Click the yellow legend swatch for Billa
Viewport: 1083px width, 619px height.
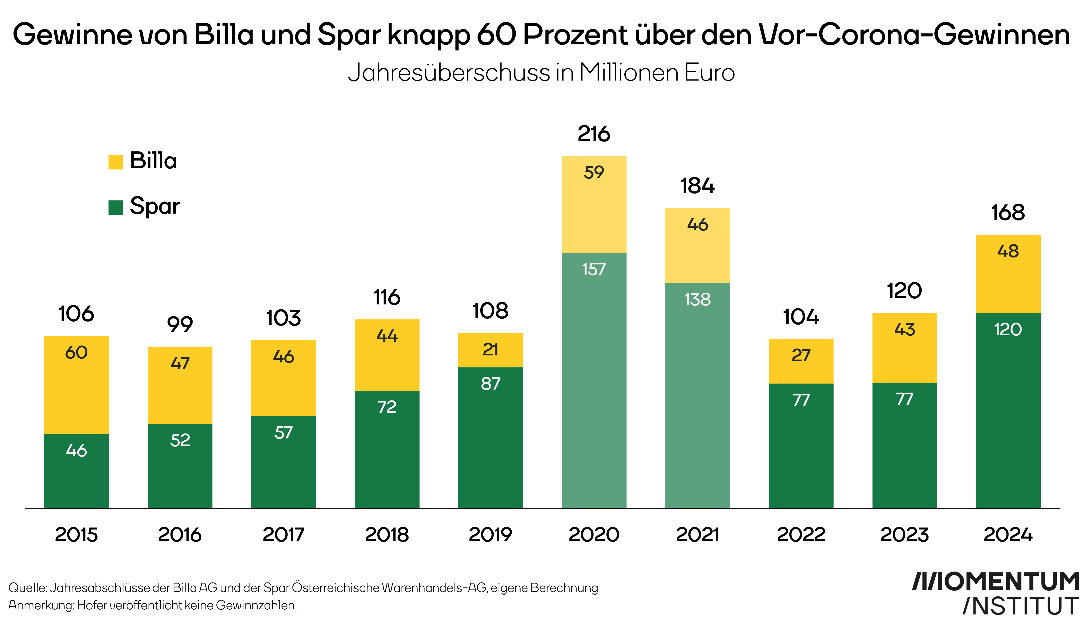[x=116, y=162]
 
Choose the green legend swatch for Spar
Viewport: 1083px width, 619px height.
[x=116, y=207]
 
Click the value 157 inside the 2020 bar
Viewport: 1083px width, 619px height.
[x=594, y=269]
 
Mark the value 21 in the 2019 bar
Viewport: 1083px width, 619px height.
[x=491, y=350]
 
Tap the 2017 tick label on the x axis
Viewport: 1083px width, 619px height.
[x=284, y=535]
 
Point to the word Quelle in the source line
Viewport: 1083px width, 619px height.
[x=27, y=588]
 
